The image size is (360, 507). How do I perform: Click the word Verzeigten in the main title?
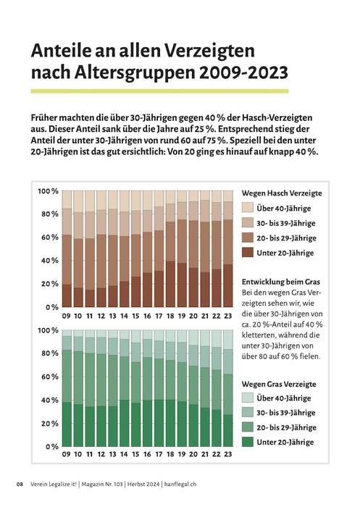coord(209,51)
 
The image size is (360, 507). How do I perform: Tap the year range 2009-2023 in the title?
coord(243,72)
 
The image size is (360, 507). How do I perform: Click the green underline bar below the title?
coord(160,91)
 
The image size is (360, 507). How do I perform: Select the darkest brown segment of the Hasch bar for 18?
coord(170,284)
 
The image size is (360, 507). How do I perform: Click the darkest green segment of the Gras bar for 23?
coord(228,430)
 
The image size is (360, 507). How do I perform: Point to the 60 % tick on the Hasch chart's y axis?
coord(49,238)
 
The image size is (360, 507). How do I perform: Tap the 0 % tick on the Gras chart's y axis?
coord(51,447)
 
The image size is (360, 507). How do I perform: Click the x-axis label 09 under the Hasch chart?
coord(67,316)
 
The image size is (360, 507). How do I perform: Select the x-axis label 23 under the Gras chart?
coord(228,454)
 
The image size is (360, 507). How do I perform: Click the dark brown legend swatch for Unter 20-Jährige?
coord(248,253)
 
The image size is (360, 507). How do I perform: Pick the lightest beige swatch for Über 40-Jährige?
coord(248,208)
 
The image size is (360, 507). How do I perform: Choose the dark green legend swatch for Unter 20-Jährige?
coord(248,442)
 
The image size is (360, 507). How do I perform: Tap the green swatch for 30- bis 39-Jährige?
coord(248,412)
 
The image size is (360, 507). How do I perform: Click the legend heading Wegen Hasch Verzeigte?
coord(282,193)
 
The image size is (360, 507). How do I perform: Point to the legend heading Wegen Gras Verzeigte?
coord(279,384)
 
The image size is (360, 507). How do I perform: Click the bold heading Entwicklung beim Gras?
coord(281,282)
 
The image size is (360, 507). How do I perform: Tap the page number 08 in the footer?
coord(20,485)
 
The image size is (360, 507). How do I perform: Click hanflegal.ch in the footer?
coord(180,485)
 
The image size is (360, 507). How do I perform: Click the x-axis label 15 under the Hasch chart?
coord(135,316)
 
